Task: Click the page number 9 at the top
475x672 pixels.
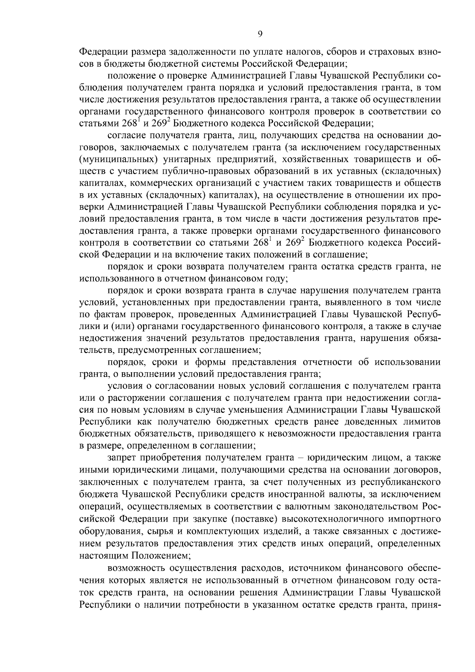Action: click(260, 34)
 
